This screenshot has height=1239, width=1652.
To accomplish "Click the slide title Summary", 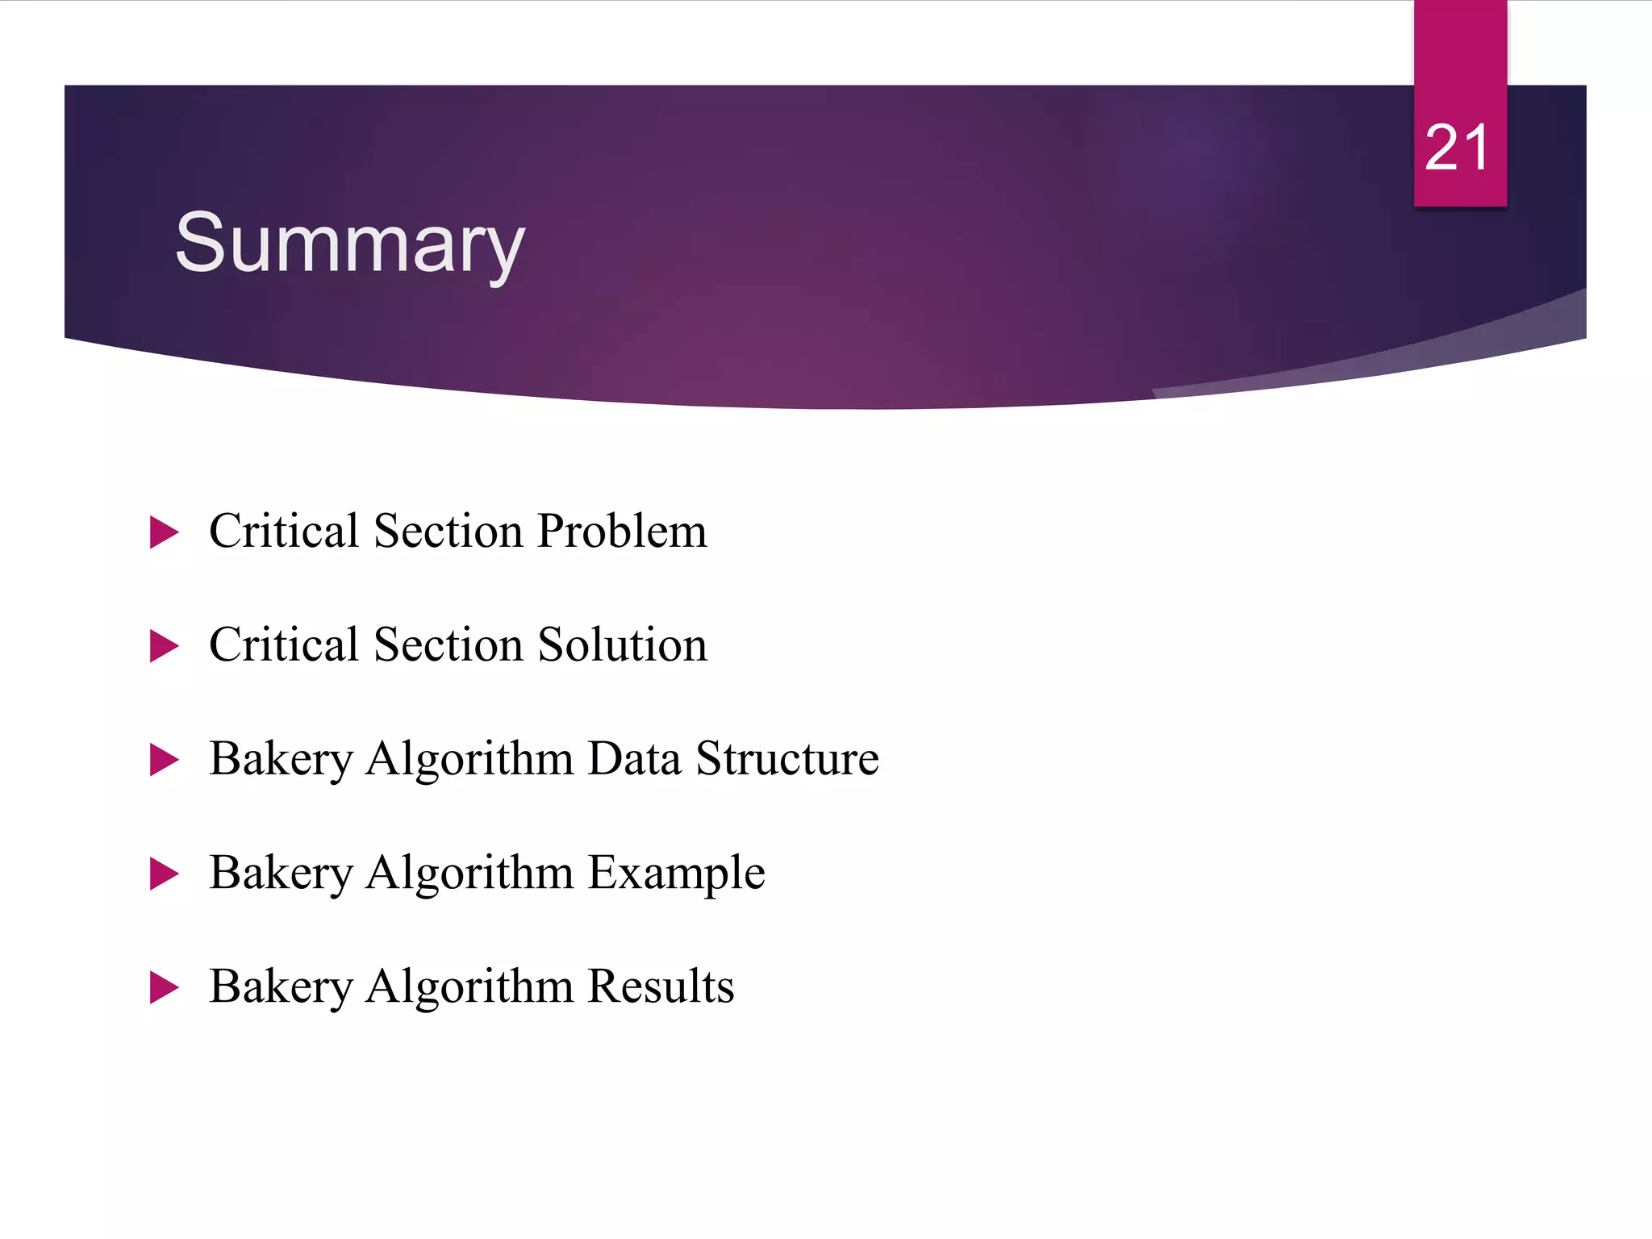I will [349, 244].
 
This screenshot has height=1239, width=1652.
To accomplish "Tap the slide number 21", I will [1457, 148].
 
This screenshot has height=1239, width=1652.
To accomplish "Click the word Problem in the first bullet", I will [622, 532].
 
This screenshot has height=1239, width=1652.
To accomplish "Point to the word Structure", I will [787, 759].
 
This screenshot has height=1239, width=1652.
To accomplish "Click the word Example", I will [676, 873].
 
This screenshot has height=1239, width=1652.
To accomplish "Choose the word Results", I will [661, 987].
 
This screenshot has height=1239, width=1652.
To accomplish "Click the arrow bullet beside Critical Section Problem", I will [164, 533].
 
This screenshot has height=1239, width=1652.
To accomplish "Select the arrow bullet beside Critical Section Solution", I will [164, 647].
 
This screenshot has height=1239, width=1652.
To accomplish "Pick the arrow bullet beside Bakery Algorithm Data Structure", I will [164, 761].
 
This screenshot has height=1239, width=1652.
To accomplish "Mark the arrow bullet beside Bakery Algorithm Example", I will [164, 874].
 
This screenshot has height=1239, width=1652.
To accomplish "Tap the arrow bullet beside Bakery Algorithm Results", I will [164, 988].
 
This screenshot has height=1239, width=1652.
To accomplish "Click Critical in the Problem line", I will [284, 532].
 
